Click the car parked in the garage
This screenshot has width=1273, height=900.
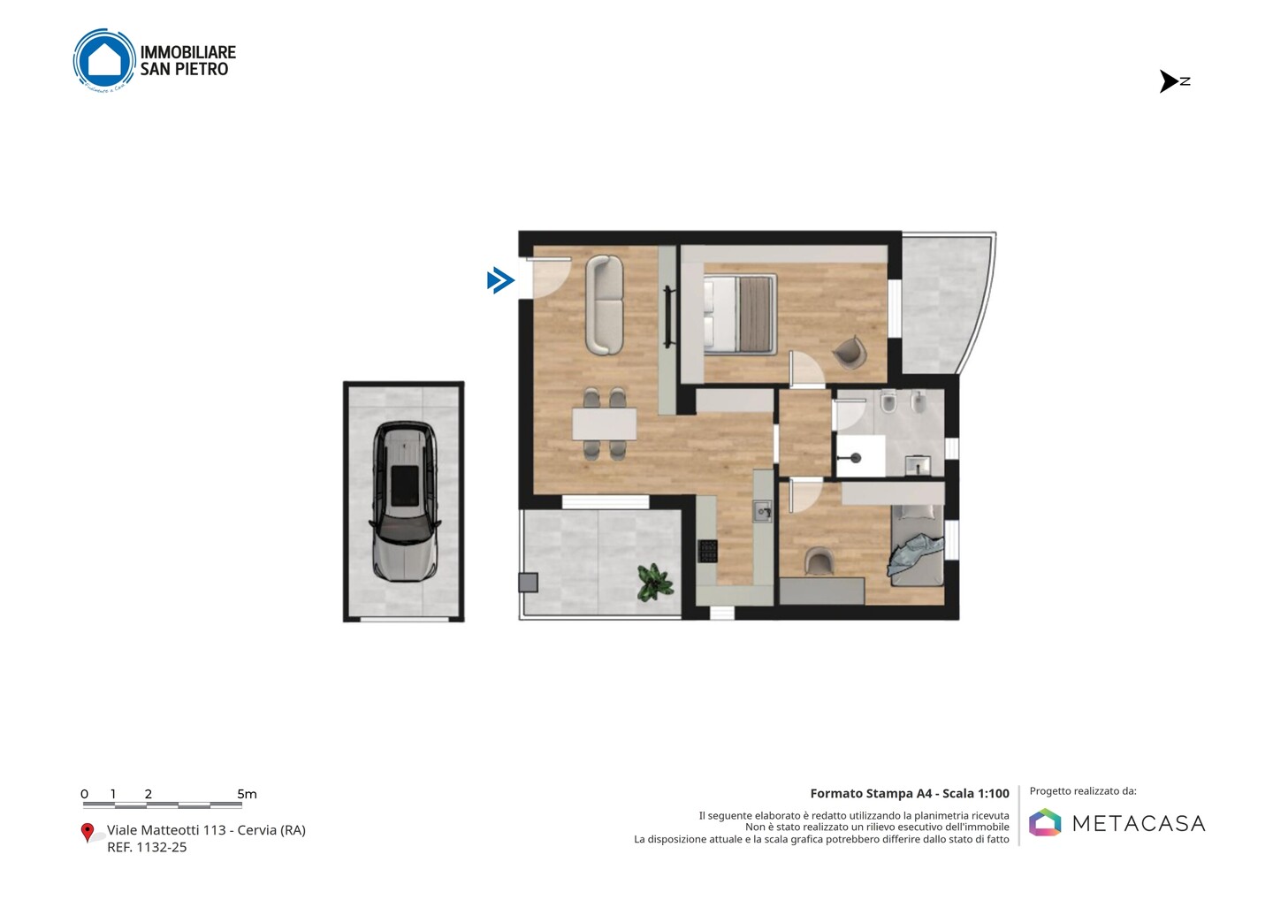[404, 501]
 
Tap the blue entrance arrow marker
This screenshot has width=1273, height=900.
[500, 280]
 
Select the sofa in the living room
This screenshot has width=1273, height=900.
[604, 304]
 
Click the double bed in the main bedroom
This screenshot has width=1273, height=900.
[740, 314]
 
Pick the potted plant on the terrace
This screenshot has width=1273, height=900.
[655, 582]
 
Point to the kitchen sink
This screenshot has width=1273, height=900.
[763, 510]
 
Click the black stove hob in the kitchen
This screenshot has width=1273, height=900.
[707, 551]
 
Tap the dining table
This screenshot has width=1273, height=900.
[604, 423]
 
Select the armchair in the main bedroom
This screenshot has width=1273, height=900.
[850, 352]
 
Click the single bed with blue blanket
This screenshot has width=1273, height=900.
[917, 545]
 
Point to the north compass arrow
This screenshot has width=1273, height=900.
[1169, 81]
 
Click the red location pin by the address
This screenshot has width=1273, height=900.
[87, 833]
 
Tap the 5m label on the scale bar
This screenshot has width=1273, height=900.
[247, 794]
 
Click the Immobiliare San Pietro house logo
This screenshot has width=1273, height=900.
[104, 59]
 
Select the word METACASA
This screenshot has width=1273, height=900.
[1139, 823]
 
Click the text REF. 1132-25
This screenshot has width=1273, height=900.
[147, 847]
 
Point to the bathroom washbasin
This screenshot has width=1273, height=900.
[918, 465]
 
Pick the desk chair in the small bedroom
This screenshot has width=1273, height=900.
[819, 561]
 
